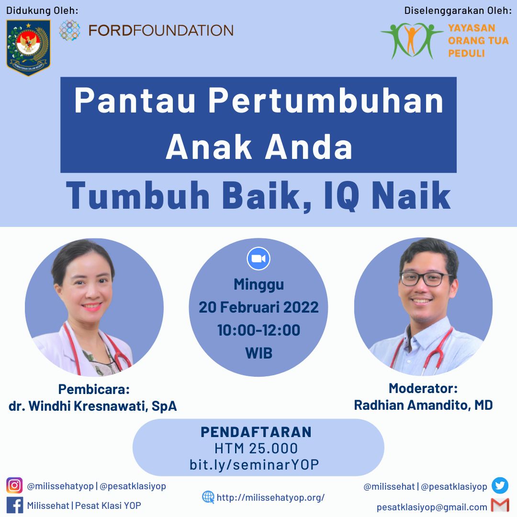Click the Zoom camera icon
[x=258, y=259]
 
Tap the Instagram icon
[x=14, y=485]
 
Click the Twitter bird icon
[x=500, y=486]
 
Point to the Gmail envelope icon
[x=500, y=506]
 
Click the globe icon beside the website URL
[x=208, y=497]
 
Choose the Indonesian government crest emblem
[x=28, y=47]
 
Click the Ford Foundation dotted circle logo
[x=70, y=30]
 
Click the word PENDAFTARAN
[x=256, y=432]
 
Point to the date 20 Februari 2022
[x=258, y=307]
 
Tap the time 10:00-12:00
[x=258, y=330]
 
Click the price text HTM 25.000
[x=256, y=449]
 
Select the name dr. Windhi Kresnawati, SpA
[x=93, y=406]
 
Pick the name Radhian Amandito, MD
[x=423, y=405]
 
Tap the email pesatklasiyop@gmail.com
[x=432, y=507]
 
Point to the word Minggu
[x=258, y=284]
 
